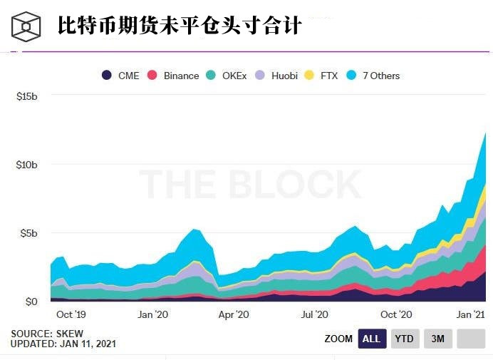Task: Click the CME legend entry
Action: click(120, 76)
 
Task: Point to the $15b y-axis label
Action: click(26, 96)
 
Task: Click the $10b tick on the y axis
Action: click(26, 164)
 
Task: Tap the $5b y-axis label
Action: click(29, 233)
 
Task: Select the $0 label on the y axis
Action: click(31, 302)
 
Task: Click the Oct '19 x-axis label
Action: click(71, 314)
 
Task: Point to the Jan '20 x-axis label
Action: click(152, 314)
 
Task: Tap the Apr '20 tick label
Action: click(233, 314)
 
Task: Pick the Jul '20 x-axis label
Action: click(314, 314)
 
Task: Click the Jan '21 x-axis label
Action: click(471, 314)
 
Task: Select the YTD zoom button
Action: click(405, 339)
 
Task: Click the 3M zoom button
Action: click(437, 339)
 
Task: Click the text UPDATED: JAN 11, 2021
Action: click(63, 344)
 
